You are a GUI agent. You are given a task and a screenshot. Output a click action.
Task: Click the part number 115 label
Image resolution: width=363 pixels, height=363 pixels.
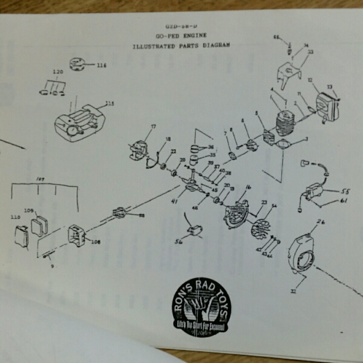coord(110,103)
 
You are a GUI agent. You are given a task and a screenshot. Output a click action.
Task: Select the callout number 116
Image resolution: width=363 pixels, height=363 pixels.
coord(100,65)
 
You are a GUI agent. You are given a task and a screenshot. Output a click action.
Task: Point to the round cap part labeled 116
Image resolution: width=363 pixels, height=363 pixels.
coord(77,64)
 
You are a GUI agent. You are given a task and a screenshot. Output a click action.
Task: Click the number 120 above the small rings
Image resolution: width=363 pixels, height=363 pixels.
coord(57,72)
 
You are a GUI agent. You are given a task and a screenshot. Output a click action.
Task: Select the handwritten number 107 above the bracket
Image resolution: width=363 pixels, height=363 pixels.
coord(41,180)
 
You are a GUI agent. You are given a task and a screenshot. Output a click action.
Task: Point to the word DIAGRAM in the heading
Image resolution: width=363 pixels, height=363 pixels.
coord(210,46)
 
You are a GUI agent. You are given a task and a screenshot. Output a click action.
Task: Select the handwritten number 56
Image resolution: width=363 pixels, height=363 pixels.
coord(179,241)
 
